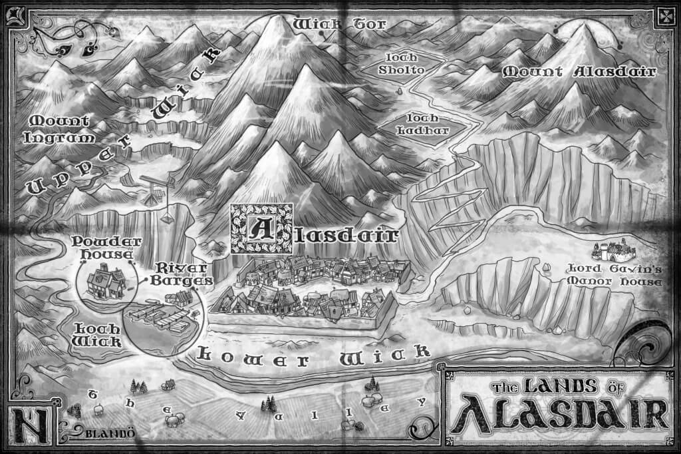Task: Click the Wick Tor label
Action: tap(330, 25)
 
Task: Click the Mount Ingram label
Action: tap(59, 128)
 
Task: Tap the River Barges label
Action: tap(183, 274)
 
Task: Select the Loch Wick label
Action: tap(96, 335)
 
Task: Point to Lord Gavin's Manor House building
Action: tap(613, 251)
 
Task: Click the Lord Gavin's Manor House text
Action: tap(612, 275)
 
